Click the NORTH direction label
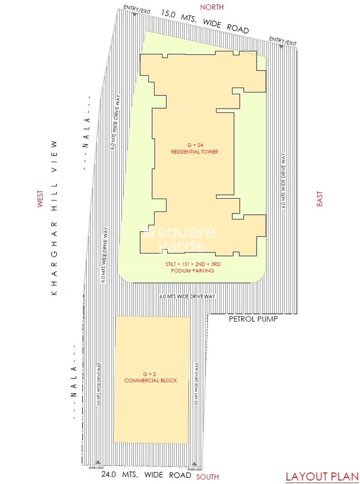[x=212, y=7]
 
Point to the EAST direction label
[x=319, y=199]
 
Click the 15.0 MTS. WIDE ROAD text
[x=205, y=21]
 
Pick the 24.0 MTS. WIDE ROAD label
[x=146, y=475]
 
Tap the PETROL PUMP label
[x=253, y=319]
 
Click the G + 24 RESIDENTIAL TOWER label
[x=194, y=148]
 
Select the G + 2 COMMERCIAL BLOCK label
[x=151, y=377]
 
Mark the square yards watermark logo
[x=181, y=239]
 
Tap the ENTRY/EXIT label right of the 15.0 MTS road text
[x=283, y=41]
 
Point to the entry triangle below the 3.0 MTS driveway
[x=195, y=463]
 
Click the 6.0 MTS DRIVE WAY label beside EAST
[x=284, y=182]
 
